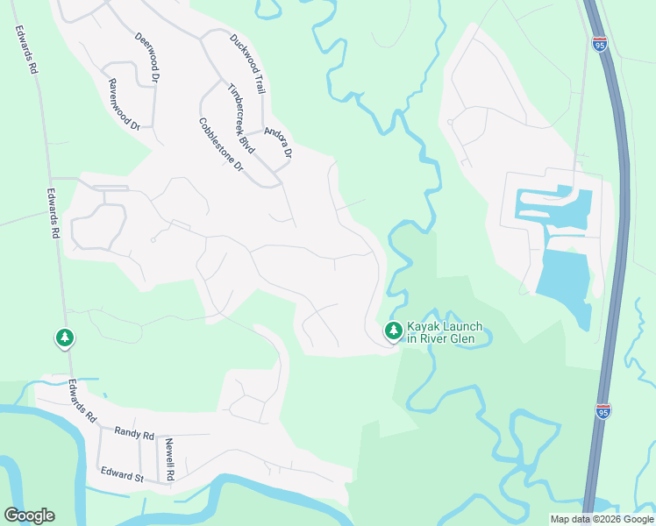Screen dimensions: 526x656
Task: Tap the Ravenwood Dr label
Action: click(x=125, y=105)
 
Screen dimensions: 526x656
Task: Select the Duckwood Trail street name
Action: click(x=247, y=64)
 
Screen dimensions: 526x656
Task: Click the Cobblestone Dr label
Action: click(x=220, y=145)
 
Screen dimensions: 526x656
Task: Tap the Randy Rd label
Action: click(x=134, y=433)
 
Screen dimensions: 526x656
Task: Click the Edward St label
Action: click(x=122, y=476)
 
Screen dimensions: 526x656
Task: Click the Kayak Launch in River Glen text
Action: click(x=444, y=331)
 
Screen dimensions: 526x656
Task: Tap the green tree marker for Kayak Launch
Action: click(x=394, y=331)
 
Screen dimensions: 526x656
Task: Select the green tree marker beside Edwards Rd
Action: click(x=64, y=338)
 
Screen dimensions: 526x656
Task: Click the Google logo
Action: click(x=29, y=515)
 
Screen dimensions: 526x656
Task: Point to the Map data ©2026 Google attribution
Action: click(x=602, y=519)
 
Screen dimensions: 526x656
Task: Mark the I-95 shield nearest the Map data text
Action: click(x=603, y=410)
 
